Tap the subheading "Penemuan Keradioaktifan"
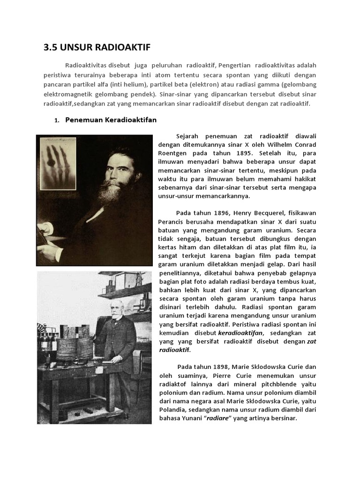111,120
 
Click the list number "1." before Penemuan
57,120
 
